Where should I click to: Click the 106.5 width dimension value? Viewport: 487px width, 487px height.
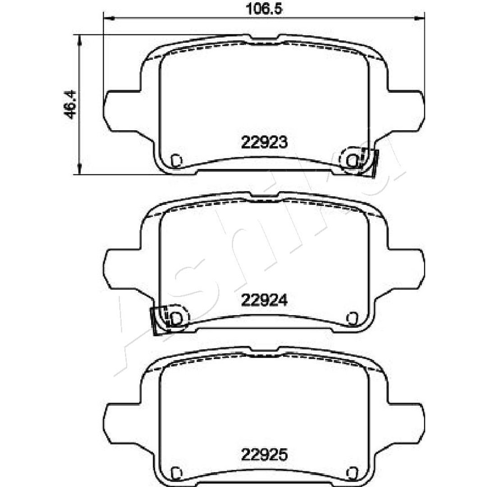tap(264, 9)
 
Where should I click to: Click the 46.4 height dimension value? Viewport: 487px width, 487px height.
tap(70, 104)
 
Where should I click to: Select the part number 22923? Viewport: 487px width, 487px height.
tap(265, 142)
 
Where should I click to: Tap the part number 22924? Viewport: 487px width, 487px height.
tap(265, 300)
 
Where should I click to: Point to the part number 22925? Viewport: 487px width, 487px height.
tap(265, 455)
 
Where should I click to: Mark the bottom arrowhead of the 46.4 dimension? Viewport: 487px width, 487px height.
tap(80, 169)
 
